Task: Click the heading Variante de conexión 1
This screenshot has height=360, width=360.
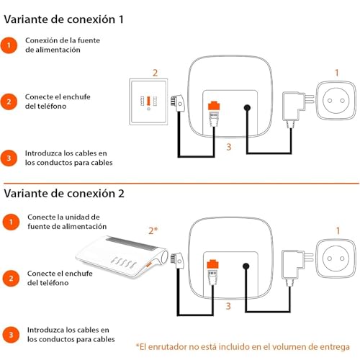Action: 64,19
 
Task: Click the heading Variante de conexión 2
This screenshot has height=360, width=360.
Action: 64,194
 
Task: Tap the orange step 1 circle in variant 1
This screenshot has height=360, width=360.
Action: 9,45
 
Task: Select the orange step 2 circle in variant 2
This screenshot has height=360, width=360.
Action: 11,279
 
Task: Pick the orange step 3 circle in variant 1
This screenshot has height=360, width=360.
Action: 9,158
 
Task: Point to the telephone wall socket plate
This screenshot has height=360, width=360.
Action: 148,102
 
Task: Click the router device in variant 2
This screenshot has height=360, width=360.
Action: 122,257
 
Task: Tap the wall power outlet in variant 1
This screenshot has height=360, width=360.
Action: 336,101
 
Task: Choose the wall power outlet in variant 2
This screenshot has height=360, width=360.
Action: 336,258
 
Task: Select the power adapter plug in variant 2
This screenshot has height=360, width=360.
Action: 297,266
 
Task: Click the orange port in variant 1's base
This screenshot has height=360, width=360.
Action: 214,106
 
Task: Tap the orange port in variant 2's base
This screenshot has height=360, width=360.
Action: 213,264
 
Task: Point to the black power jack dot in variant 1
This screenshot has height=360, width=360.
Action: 247,108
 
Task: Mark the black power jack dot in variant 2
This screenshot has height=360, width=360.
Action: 246,266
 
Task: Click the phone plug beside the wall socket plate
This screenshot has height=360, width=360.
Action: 178,103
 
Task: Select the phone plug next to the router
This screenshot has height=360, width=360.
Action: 177,261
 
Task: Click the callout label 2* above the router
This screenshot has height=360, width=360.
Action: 153,230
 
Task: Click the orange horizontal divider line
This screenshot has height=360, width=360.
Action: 181,184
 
